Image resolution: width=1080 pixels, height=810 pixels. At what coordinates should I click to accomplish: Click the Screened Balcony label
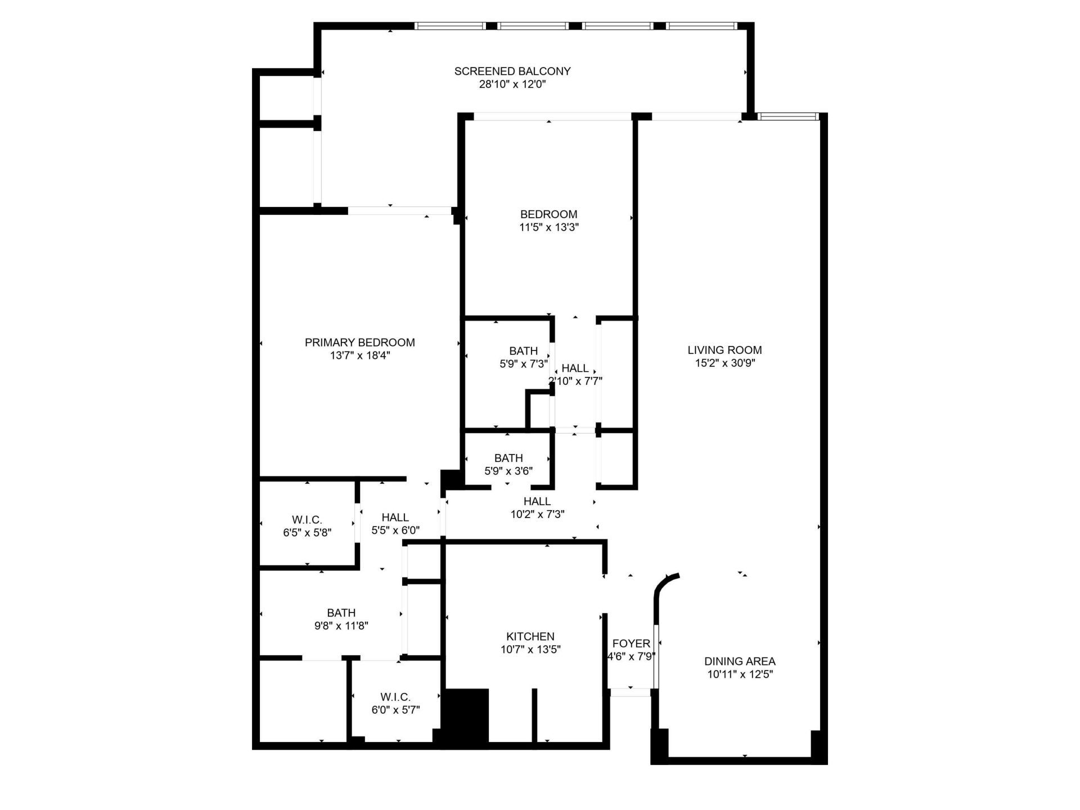pos(512,71)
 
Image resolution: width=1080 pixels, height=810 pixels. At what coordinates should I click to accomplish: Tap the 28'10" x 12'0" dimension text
pos(512,85)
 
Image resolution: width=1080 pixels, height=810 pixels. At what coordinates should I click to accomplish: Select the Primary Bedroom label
pos(359,342)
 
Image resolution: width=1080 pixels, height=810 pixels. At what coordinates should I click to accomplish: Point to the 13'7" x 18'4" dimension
pos(359,355)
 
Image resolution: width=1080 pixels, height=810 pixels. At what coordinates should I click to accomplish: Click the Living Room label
pos(724,350)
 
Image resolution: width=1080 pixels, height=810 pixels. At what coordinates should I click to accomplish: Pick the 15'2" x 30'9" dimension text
pos(724,363)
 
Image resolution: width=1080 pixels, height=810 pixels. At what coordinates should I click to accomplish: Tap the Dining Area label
pos(740,661)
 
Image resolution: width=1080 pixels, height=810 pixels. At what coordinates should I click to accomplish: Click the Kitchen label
pos(530,636)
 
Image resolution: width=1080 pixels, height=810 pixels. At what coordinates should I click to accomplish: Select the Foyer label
pos(631,643)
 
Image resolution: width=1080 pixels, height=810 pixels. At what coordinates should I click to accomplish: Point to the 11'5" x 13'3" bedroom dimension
pos(548,228)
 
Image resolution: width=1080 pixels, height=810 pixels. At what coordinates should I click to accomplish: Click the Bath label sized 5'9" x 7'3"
pos(523,351)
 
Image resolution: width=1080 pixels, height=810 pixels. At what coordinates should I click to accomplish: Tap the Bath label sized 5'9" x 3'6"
pos(508,458)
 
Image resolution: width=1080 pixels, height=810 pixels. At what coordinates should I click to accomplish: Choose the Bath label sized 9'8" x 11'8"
pos(341,613)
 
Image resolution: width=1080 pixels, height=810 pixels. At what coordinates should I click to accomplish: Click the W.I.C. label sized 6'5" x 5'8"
pos(307,520)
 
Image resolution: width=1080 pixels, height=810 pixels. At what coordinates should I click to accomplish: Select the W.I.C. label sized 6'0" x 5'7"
pos(395,697)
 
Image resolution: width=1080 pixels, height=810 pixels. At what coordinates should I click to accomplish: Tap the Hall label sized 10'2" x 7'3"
pos(537,501)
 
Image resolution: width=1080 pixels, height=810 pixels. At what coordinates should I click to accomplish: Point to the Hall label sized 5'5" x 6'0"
pos(395,517)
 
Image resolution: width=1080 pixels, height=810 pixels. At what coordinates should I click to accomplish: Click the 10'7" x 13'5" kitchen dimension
pos(530,650)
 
